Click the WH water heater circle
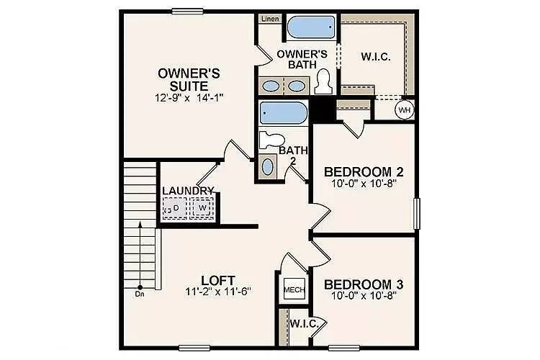(x=405, y=109)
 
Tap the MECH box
(x=293, y=289)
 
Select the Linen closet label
(x=270, y=19)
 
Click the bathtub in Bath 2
(x=282, y=113)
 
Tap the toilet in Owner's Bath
(x=323, y=80)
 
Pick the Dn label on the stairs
(x=139, y=294)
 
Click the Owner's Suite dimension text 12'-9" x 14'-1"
(x=189, y=96)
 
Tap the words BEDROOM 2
(x=363, y=172)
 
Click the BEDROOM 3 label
(x=363, y=283)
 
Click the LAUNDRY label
(x=188, y=191)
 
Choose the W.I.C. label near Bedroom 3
(x=303, y=324)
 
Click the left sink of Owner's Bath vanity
(x=271, y=86)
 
